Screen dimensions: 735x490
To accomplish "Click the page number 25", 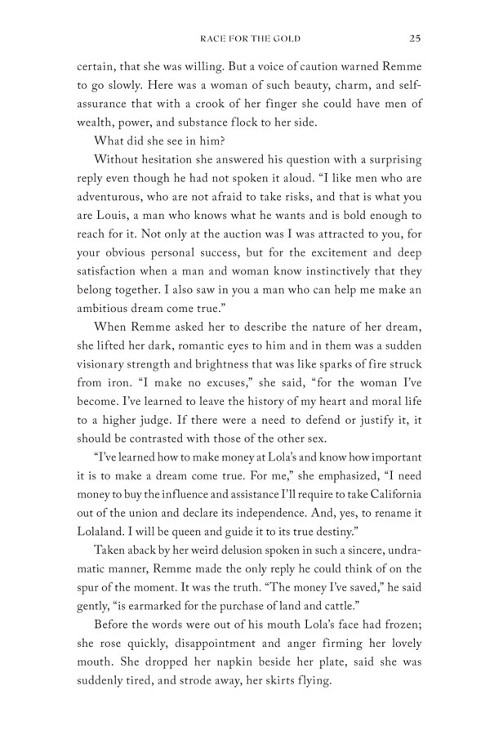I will (x=416, y=37).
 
